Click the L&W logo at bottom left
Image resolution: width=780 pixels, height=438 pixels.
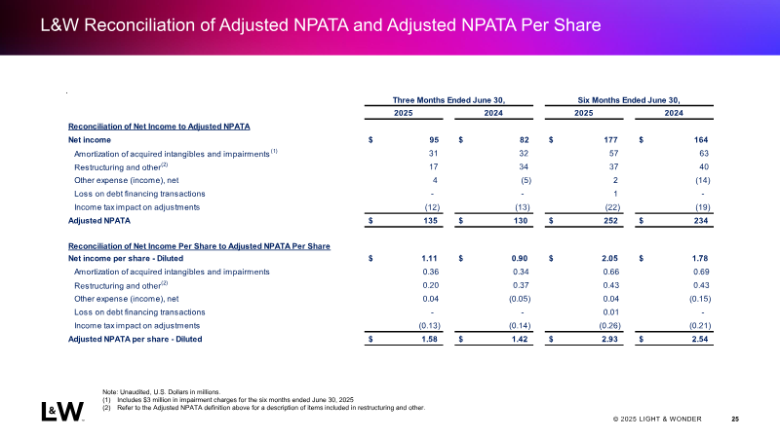click(x=62, y=411)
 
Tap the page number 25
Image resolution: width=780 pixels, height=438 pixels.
click(x=735, y=420)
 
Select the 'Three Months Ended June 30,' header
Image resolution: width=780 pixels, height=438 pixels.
click(x=448, y=100)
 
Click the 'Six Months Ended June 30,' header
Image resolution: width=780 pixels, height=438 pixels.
click(x=629, y=100)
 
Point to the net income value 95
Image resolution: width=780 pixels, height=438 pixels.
click(x=434, y=140)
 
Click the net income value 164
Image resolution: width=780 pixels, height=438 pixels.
click(x=701, y=140)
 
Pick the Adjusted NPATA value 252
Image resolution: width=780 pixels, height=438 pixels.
click(x=610, y=221)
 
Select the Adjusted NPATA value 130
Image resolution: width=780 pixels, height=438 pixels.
click(x=521, y=221)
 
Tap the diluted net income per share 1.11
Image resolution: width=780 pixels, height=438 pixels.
click(x=429, y=258)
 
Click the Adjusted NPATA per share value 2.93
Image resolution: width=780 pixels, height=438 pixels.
click(x=609, y=339)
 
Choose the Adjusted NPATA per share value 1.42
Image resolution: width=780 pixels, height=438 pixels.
click(x=520, y=339)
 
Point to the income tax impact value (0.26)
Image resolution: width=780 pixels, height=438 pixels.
click(x=610, y=326)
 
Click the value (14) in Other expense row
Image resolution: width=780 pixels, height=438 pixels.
click(x=702, y=180)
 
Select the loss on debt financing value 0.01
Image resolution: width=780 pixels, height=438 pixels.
click(x=611, y=312)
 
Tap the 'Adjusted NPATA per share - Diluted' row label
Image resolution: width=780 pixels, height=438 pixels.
click(x=135, y=339)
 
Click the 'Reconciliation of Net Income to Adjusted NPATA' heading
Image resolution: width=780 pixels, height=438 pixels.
click(x=159, y=127)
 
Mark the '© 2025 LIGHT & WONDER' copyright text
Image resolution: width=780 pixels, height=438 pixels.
click(x=657, y=420)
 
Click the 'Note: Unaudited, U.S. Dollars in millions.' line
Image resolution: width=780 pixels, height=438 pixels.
click(x=161, y=392)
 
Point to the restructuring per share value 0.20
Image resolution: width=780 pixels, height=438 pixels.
click(x=431, y=285)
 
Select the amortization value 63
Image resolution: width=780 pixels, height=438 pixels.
click(x=703, y=154)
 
